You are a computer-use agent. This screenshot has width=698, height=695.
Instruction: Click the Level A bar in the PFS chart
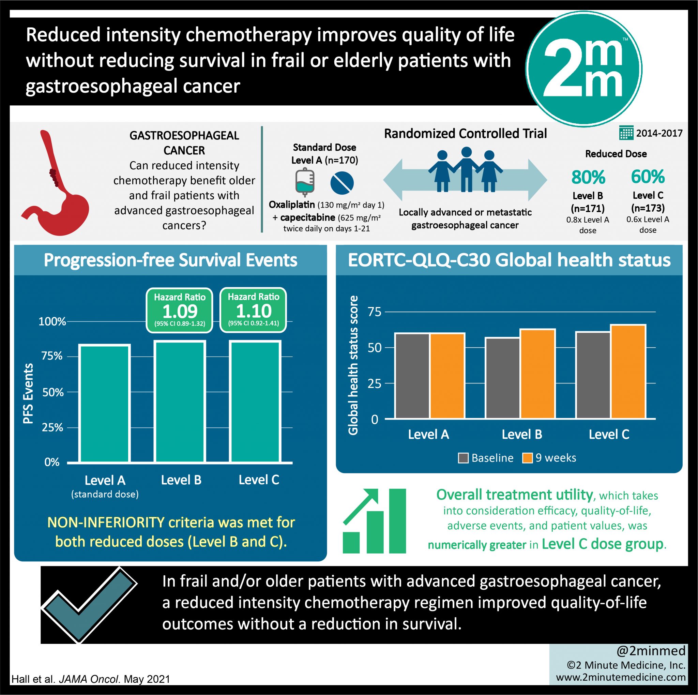[105, 404]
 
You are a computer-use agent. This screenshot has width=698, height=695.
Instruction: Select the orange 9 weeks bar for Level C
[628, 372]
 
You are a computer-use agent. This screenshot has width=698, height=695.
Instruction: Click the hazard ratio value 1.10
[253, 311]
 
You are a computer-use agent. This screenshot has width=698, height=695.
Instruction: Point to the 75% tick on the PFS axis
[52, 356]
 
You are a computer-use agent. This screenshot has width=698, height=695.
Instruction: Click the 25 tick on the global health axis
[375, 383]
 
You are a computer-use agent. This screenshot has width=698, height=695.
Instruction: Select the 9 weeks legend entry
[549, 458]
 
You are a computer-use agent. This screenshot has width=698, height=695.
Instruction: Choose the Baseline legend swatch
[463, 458]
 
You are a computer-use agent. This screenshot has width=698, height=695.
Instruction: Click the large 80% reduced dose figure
[588, 177]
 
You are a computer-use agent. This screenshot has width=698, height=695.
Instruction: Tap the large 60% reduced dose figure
[648, 177]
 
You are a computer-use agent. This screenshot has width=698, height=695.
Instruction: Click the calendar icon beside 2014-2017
[626, 133]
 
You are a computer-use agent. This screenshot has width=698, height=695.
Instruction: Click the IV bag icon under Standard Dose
[305, 182]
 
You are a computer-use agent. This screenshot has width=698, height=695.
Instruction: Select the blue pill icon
[342, 182]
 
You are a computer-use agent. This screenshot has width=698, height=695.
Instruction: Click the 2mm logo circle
[583, 69]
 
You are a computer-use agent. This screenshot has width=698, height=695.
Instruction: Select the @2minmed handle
[651, 651]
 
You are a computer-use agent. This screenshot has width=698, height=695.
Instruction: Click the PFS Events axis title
[28, 393]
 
